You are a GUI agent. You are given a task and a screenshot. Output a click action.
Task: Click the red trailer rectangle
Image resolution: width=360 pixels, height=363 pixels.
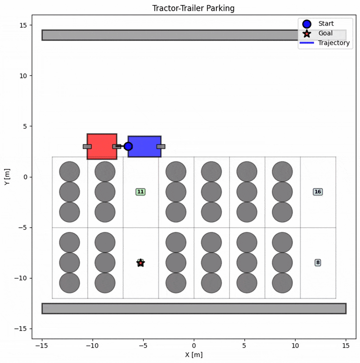(102, 146)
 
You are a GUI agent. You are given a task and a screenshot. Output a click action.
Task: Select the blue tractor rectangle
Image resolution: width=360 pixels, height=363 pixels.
(144, 146)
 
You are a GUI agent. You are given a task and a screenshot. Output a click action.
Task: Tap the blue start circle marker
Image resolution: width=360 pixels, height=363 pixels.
(128, 146)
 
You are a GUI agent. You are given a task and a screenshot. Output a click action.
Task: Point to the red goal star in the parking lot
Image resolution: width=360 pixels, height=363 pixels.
(140, 263)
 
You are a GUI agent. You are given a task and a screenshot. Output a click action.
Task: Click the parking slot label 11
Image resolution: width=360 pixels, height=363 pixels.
(140, 192)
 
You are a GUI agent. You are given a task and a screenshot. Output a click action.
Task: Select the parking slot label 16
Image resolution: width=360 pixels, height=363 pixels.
(318, 192)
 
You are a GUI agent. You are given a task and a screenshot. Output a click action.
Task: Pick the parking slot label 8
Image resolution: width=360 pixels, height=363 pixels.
(318, 262)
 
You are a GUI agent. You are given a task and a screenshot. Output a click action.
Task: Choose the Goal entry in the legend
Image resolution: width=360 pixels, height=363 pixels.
(325, 33)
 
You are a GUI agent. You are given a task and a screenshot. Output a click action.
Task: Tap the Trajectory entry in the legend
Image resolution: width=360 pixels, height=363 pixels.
(333, 43)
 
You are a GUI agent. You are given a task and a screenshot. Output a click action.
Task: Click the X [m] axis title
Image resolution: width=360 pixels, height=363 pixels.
(193, 355)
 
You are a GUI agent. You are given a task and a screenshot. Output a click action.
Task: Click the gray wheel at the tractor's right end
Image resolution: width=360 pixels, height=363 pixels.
(161, 147)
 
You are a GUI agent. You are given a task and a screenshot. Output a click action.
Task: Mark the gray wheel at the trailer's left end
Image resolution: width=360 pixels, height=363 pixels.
(87, 146)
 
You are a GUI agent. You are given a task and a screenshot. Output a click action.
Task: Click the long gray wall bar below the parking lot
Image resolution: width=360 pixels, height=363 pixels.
(193, 308)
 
